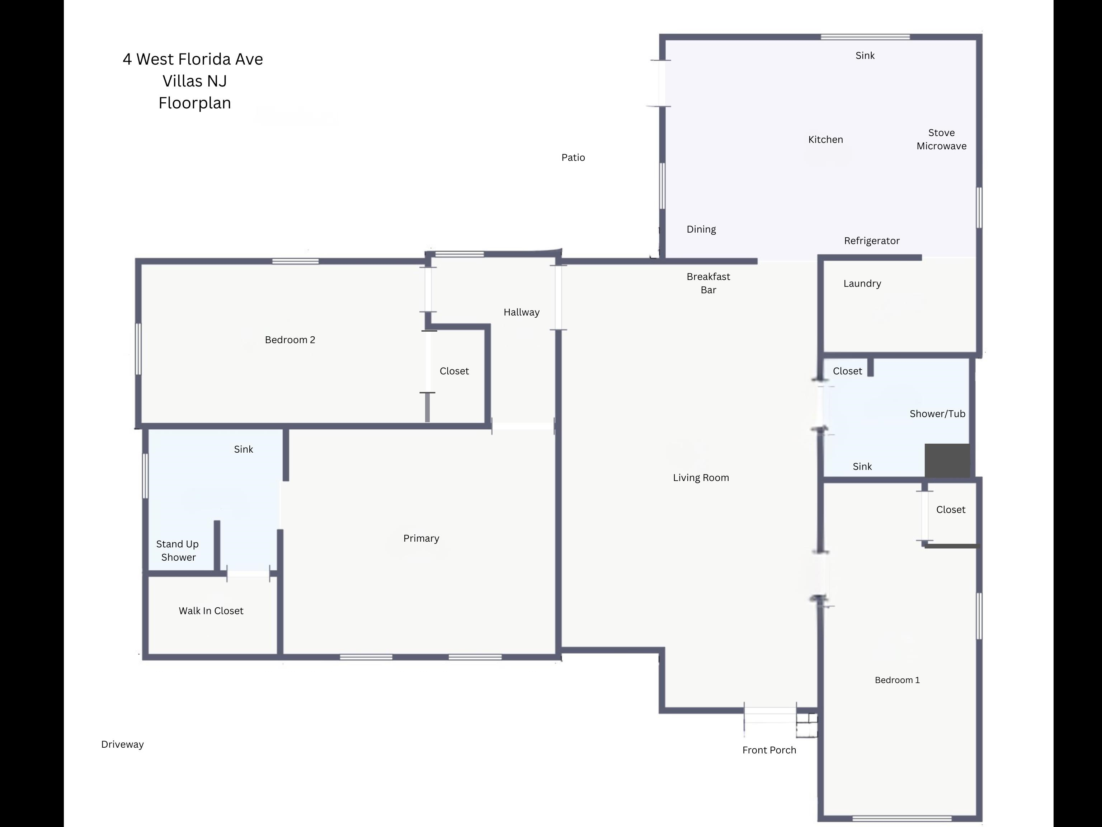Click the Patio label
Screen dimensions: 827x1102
coord(573,158)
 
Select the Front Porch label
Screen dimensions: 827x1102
coord(769,750)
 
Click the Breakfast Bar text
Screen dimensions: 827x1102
coord(708,283)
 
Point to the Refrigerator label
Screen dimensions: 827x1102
coord(871,241)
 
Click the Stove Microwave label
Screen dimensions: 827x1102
coord(941,140)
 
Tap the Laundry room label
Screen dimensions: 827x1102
coord(862,284)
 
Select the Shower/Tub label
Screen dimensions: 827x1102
coord(937,414)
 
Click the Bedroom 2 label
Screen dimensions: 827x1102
coord(290,340)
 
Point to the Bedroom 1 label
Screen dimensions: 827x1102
coord(897,680)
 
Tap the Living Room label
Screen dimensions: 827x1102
coord(701,477)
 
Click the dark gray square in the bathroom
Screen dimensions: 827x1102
coord(947,461)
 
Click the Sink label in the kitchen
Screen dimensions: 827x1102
coord(865,55)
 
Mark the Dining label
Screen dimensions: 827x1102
coord(701,229)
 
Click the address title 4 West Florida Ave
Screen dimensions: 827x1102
coord(193,59)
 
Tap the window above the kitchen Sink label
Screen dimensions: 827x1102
coord(865,37)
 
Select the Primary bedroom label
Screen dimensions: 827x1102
coord(421,538)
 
